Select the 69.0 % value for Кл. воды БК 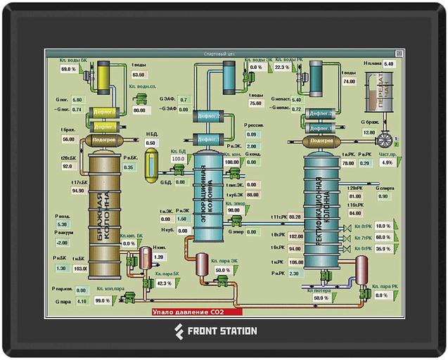coord(68,69)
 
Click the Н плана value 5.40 coord(390,64)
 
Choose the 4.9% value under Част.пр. coord(387,162)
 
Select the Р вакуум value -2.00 coord(62,243)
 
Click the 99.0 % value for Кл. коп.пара coord(103,301)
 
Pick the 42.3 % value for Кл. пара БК coord(163,283)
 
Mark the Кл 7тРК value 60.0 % coord(383,238)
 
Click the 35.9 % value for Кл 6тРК coord(383,249)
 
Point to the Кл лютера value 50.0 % coord(321,298)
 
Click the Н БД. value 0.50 coord(151,143)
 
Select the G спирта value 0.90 coord(383,196)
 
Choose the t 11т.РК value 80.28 coord(295,217)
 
